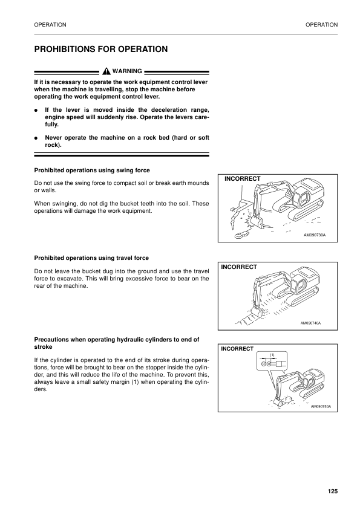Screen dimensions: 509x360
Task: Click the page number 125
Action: pyautogui.click(x=332, y=491)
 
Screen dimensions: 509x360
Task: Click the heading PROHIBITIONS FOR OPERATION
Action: pyautogui.click(x=100, y=48)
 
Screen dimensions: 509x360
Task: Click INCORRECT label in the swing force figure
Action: pyautogui.click(x=242, y=179)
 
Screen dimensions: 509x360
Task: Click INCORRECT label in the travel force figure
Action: pyautogui.click(x=239, y=267)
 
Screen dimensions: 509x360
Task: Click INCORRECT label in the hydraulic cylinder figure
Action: pyautogui.click(x=237, y=349)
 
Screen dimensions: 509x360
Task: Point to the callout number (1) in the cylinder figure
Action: pyautogui.click(x=272, y=354)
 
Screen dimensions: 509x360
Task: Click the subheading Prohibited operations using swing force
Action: pyautogui.click(x=92, y=170)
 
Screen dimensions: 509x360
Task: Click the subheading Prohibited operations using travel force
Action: pyautogui.click(x=91, y=258)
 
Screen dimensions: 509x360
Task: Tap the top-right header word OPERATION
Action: pyautogui.click(x=321, y=24)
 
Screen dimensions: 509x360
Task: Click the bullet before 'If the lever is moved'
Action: pyautogui.click(x=37, y=111)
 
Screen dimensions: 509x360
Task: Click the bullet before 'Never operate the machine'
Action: pyautogui.click(x=37, y=138)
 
